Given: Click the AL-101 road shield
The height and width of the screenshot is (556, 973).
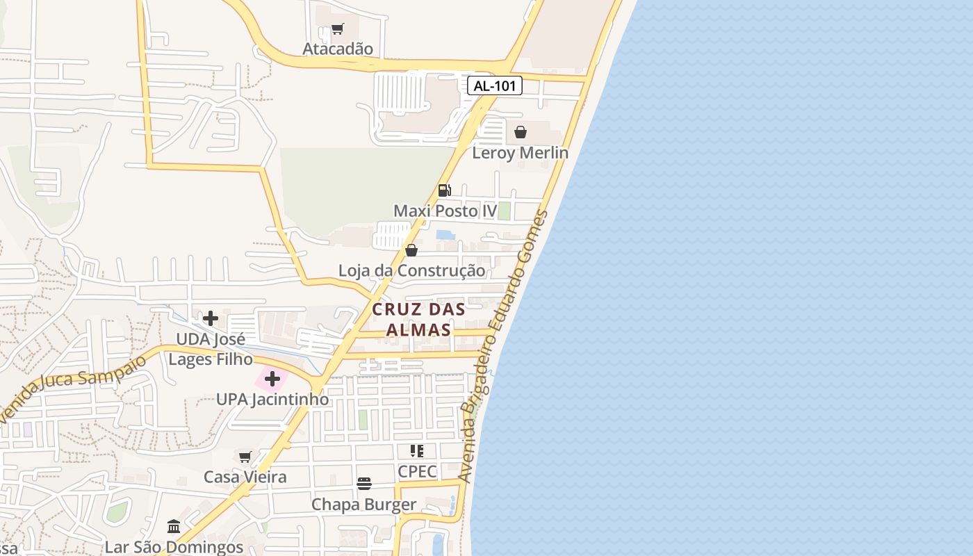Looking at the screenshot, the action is pyautogui.click(x=494, y=86).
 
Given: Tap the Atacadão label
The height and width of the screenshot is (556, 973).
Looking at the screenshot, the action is pyautogui.click(x=338, y=49).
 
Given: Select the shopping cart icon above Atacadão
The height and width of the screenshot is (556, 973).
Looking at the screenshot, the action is pyautogui.click(x=338, y=29).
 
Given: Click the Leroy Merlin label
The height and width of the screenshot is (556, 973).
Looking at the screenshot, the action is pyautogui.click(x=520, y=153).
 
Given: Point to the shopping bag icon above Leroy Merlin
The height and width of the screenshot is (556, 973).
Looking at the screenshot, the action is pyautogui.click(x=521, y=132).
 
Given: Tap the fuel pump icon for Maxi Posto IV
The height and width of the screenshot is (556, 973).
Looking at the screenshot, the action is pyautogui.click(x=445, y=190).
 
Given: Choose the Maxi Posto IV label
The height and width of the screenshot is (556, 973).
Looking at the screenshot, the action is pyautogui.click(x=445, y=211).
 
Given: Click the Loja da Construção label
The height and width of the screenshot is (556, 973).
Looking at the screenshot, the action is pyautogui.click(x=411, y=270).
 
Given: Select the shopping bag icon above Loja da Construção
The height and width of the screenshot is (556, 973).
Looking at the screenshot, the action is pyautogui.click(x=411, y=250).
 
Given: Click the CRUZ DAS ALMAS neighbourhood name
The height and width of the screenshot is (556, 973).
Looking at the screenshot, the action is pyautogui.click(x=418, y=319).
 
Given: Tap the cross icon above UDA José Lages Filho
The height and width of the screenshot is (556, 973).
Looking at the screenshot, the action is pyautogui.click(x=211, y=318).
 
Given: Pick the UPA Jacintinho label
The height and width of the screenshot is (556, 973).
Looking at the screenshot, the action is pyautogui.click(x=272, y=400).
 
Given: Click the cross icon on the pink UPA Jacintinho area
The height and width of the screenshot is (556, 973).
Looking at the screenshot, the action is pyautogui.click(x=272, y=379).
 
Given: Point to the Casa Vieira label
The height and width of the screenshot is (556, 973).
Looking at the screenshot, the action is pyautogui.click(x=245, y=477).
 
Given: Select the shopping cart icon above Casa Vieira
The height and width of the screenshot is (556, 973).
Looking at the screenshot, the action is pyautogui.click(x=245, y=457).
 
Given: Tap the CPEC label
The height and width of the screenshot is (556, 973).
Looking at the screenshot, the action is pyautogui.click(x=417, y=471).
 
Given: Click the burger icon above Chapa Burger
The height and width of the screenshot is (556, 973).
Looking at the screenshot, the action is pyautogui.click(x=364, y=484).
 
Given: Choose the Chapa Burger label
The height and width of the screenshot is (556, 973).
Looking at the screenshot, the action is pyautogui.click(x=364, y=505).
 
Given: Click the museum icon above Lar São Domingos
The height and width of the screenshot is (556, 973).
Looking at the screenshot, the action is pyautogui.click(x=174, y=527).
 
